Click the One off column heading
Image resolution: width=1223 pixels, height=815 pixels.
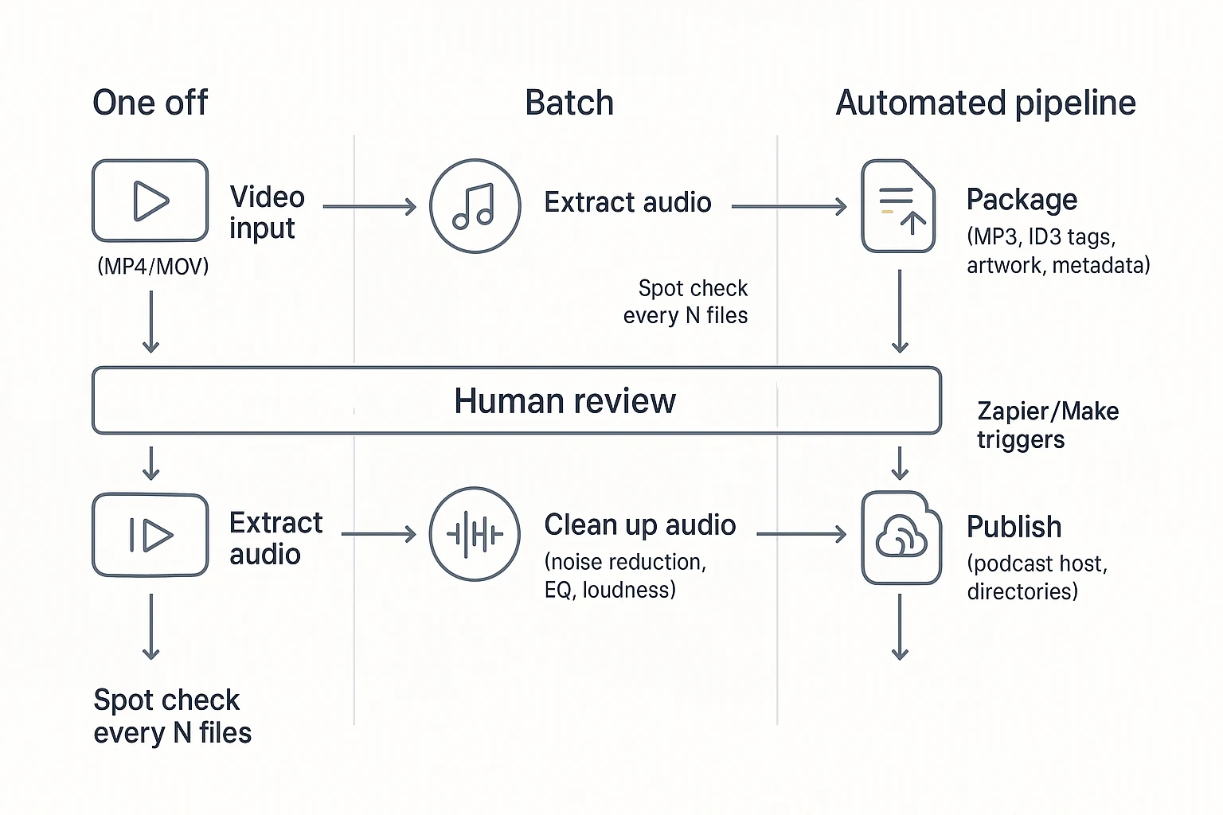[x=150, y=103]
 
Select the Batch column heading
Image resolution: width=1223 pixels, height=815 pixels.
[x=569, y=103]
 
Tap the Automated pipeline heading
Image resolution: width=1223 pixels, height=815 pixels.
[x=985, y=103]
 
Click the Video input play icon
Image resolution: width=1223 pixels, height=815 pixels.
[x=150, y=201]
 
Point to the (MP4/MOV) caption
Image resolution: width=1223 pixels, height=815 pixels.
[x=153, y=266]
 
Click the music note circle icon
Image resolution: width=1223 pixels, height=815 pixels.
[x=475, y=206]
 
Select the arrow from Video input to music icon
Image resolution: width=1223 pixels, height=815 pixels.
[x=369, y=207]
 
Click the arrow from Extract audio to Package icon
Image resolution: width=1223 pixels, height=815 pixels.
[x=788, y=207]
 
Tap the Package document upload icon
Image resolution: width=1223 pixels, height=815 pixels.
[x=898, y=206]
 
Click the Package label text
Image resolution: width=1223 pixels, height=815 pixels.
[x=1021, y=200]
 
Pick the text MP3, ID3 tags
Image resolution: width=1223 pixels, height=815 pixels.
[x=1041, y=237]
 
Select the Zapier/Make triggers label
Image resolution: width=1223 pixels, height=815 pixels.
[x=1047, y=425]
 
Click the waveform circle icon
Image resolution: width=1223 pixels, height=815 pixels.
[x=475, y=533]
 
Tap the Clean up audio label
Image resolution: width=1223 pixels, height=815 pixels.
[x=639, y=525]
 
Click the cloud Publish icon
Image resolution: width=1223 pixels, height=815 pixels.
[x=901, y=537]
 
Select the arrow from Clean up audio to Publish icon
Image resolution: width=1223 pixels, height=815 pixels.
[x=800, y=534]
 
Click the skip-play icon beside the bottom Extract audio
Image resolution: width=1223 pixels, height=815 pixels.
[x=150, y=535]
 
